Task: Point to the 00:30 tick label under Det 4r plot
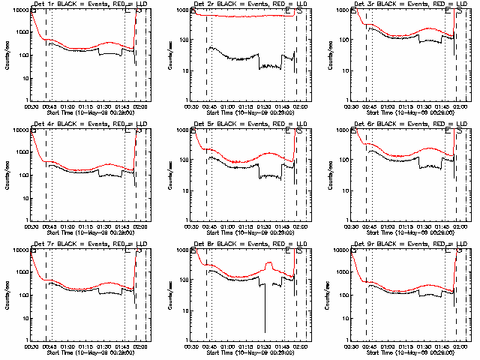[31, 226]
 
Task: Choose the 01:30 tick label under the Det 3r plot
[425, 106]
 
